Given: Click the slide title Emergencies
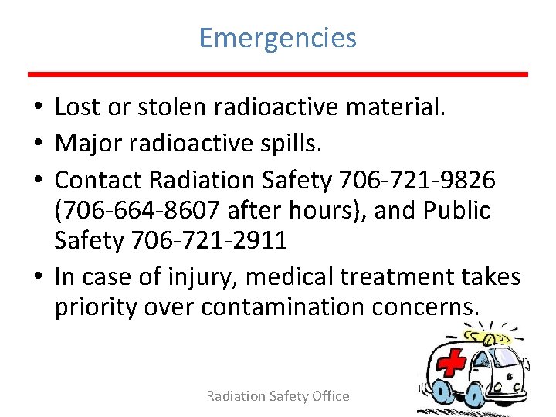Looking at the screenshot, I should [278, 37].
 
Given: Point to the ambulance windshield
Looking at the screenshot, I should [506, 357].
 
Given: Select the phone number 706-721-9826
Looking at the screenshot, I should [416, 179].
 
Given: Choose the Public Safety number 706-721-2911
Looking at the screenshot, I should [209, 241].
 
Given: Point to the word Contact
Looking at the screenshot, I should [98, 179].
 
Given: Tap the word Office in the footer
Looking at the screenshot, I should [331, 396].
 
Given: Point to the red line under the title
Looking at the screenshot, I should [278, 74].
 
